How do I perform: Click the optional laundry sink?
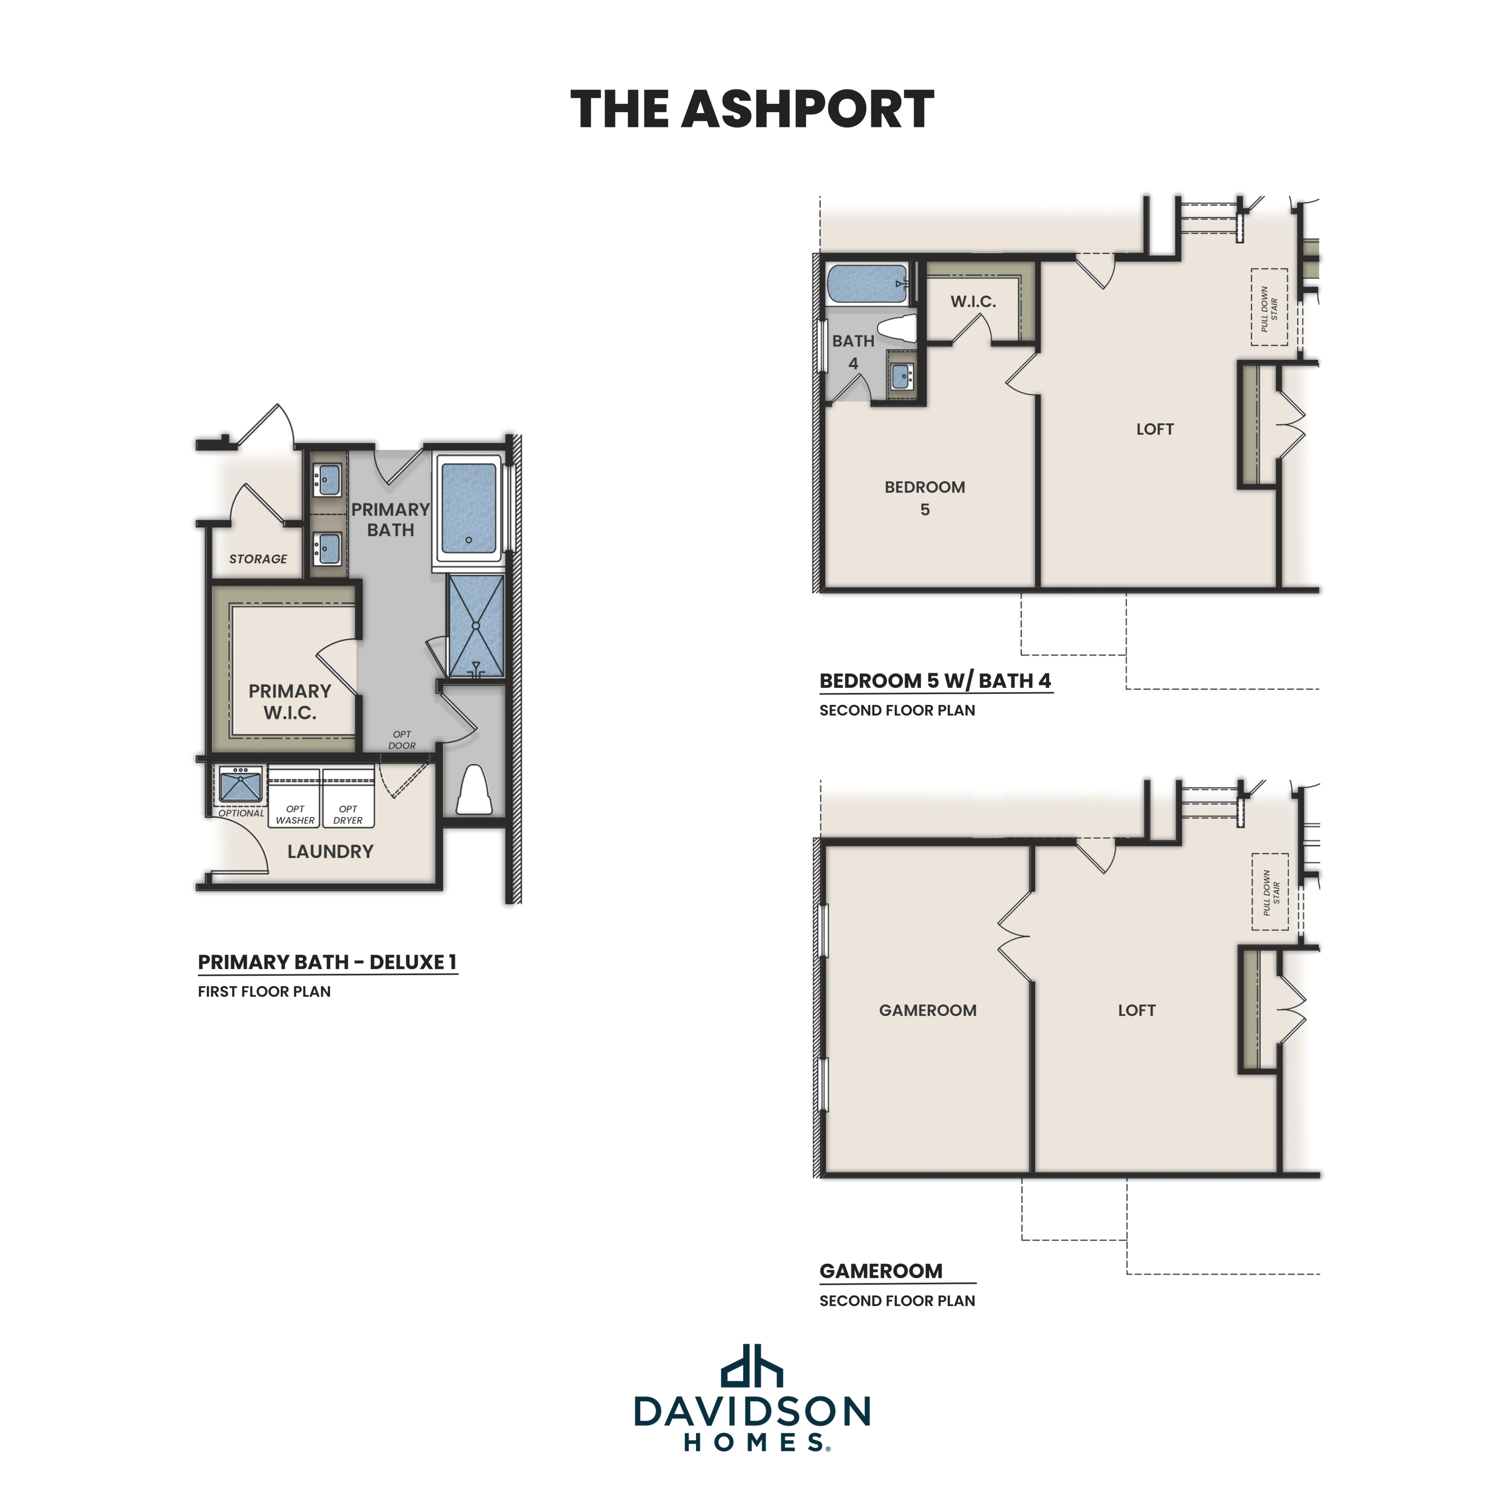pyautogui.click(x=240, y=784)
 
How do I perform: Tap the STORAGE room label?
pyautogui.click(x=258, y=558)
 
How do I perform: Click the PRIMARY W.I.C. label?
pyautogui.click(x=290, y=701)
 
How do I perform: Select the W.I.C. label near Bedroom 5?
pyautogui.click(x=973, y=301)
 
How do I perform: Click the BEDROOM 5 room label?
pyautogui.click(x=925, y=498)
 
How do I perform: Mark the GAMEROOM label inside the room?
pyautogui.click(x=927, y=1010)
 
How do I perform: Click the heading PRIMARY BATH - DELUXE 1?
pyautogui.click(x=327, y=962)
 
